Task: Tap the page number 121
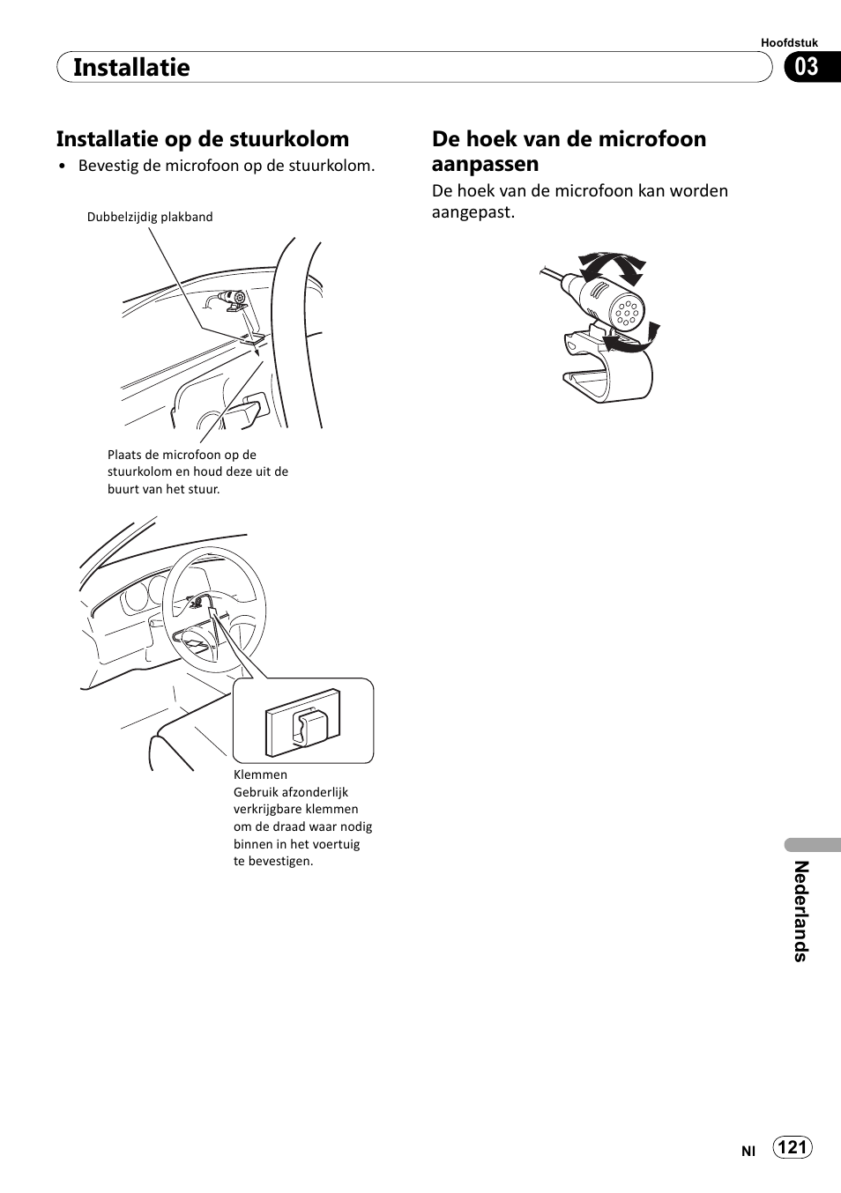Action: [793, 1146]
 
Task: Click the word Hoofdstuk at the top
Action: [789, 42]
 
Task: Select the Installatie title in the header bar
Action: [131, 67]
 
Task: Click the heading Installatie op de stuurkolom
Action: [203, 139]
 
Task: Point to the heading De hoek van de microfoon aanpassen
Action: [569, 151]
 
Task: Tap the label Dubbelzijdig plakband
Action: [150, 217]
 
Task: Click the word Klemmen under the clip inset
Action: [260, 774]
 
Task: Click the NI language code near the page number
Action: [748, 1151]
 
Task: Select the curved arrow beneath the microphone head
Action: [634, 343]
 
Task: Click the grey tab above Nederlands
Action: [812, 844]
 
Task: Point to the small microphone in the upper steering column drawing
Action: [234, 300]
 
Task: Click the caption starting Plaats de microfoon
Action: [197, 471]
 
